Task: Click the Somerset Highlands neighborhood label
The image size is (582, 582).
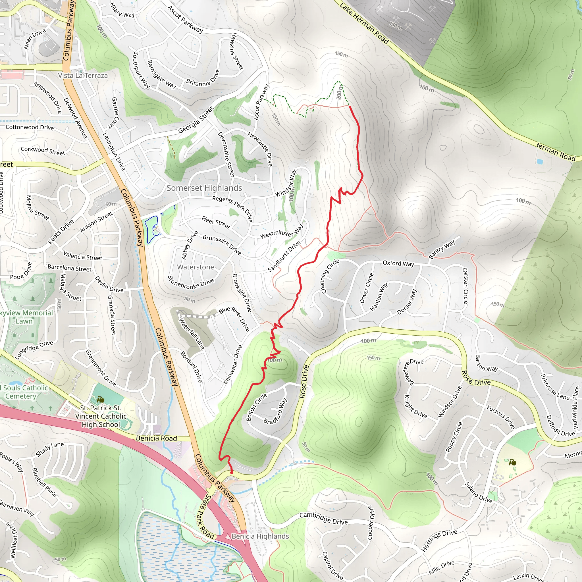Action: pyautogui.click(x=204, y=188)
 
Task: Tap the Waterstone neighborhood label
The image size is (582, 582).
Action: pyautogui.click(x=196, y=267)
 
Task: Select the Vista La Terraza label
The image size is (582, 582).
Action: pyautogui.click(x=83, y=75)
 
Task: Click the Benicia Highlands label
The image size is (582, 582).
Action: pyautogui.click(x=260, y=536)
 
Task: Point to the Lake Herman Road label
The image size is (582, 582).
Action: pyautogui.click(x=364, y=23)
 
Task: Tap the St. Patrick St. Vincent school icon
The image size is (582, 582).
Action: pyautogui.click(x=101, y=400)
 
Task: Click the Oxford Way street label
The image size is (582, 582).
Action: pyautogui.click(x=398, y=264)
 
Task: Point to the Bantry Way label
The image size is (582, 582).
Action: pyautogui.click(x=442, y=250)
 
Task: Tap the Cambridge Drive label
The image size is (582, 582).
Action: pyautogui.click(x=323, y=518)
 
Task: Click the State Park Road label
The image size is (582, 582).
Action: pyautogui.click(x=206, y=516)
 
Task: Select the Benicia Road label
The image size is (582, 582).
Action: pyautogui.click(x=156, y=438)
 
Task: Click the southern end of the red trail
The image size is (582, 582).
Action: pyautogui.click(x=232, y=473)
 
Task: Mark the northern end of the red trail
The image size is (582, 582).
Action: pyautogui.click(x=350, y=106)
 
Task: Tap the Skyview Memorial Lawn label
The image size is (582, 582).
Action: pyautogui.click(x=26, y=317)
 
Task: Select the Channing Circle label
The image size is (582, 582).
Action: pyautogui.click(x=330, y=276)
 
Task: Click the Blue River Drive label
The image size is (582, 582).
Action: pyautogui.click(x=234, y=319)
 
